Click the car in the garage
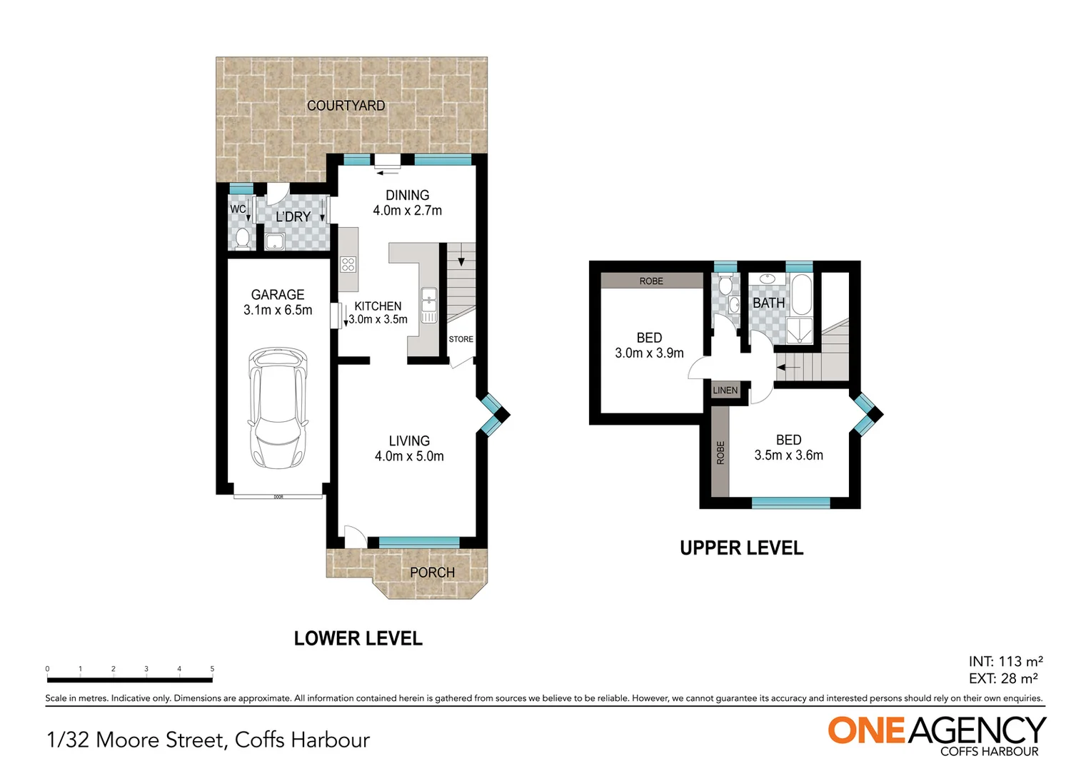click(x=278, y=408)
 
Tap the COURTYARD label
click(x=346, y=106)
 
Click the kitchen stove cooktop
click(x=348, y=264)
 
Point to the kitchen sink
click(x=428, y=305)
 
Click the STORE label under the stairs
click(x=461, y=339)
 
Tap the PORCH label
click(x=432, y=573)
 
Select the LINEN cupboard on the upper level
click(x=725, y=390)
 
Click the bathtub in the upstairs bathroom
click(x=801, y=295)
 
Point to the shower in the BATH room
click(x=799, y=331)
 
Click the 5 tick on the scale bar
click(x=212, y=669)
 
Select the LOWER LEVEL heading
click(x=358, y=638)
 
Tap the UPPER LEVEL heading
click(x=741, y=548)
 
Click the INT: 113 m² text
click(x=1005, y=661)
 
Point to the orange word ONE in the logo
click(x=867, y=730)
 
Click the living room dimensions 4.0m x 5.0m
click(x=409, y=456)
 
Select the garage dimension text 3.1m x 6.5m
click(x=278, y=311)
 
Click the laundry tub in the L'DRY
click(x=275, y=241)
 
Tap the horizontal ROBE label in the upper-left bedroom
click(x=651, y=281)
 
